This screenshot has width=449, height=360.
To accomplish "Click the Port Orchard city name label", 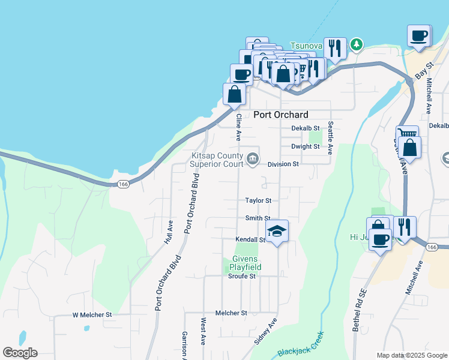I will [280, 115].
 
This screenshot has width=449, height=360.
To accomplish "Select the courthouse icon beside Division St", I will [252, 159].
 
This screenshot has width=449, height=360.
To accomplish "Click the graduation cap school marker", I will [277, 231].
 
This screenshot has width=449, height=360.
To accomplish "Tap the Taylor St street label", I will [258, 200].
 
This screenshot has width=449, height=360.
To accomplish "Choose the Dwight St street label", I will [305, 146].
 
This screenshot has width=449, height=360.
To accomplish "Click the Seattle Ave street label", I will [330, 138].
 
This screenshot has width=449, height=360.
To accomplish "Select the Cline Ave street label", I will [238, 127].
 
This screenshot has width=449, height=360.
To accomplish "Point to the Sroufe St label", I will [242, 276].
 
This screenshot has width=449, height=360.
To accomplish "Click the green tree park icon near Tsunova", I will [357, 44].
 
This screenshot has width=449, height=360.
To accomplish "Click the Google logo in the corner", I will [20, 353].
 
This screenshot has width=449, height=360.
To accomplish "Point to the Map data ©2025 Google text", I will [411, 355].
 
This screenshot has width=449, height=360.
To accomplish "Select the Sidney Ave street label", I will [265, 331].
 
